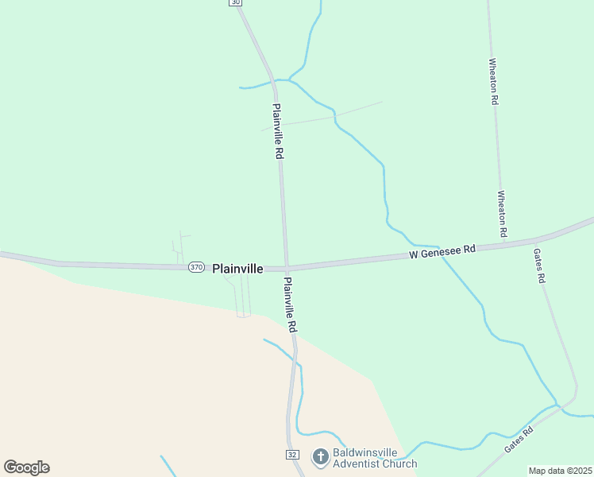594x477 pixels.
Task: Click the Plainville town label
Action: pyautogui.click(x=237, y=269)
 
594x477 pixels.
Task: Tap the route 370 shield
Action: pyautogui.click(x=197, y=268)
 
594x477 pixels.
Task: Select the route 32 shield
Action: pyautogui.click(x=292, y=453)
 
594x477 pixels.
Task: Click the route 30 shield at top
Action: pyautogui.click(x=235, y=2)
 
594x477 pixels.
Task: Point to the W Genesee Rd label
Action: pyautogui.click(x=442, y=251)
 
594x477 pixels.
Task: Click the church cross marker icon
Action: pyautogui.click(x=320, y=456)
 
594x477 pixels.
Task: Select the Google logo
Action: pyautogui.click(x=26, y=467)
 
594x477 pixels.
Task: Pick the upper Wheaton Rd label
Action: pyautogui.click(x=493, y=82)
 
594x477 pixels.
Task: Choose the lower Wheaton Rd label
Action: pyautogui.click(x=502, y=213)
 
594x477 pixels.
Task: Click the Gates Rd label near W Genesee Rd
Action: pyautogui.click(x=539, y=266)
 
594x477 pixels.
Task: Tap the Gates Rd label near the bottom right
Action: pyautogui.click(x=519, y=438)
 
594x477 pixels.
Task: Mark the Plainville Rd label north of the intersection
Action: pyautogui.click(x=278, y=131)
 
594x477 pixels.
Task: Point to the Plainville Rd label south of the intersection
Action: pyautogui.click(x=291, y=304)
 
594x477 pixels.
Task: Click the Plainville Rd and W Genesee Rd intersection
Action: pyautogui.click(x=286, y=268)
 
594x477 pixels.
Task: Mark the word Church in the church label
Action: pyautogui.click(x=398, y=463)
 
